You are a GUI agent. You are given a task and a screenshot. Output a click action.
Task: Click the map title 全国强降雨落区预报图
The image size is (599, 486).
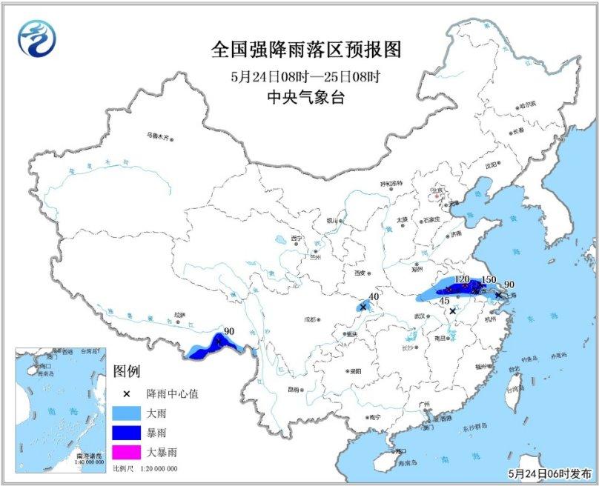[x=305, y=50]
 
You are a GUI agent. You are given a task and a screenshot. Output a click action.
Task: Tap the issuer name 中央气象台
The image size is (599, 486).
[x=305, y=96]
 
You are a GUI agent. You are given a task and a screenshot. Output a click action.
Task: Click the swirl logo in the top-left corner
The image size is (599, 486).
[x=36, y=38]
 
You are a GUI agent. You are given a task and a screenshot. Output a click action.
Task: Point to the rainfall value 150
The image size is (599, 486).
[x=489, y=281]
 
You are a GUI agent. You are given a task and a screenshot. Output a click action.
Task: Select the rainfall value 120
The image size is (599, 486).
[x=462, y=279]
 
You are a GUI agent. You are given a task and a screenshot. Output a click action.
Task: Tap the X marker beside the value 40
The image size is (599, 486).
[x=363, y=307]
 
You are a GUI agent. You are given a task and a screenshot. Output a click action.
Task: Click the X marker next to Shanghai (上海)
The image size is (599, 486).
[x=498, y=294]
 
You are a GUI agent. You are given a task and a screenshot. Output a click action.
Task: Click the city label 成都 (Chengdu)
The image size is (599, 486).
[x=308, y=320]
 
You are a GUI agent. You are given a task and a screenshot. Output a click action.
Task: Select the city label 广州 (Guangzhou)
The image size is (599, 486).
[x=424, y=404]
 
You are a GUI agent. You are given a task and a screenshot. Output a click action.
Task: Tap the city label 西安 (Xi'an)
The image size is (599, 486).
[x=361, y=273]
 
